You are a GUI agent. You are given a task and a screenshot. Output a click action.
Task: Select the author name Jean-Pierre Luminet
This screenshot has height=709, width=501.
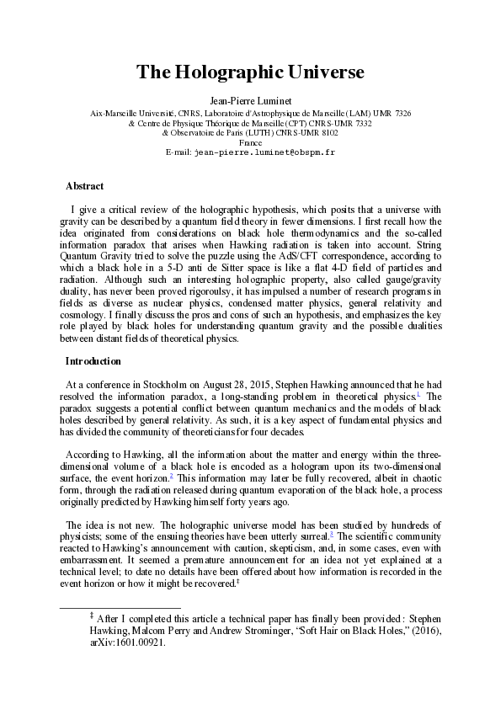250,99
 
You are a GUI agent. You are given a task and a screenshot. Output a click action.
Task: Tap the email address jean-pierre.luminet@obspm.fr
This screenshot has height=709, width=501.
264,153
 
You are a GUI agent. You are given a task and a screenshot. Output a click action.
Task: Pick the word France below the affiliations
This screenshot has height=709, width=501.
250,143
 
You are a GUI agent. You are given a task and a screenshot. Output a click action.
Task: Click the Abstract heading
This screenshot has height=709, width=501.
84,186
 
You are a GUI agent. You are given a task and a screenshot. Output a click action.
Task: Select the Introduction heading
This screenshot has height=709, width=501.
93,361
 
